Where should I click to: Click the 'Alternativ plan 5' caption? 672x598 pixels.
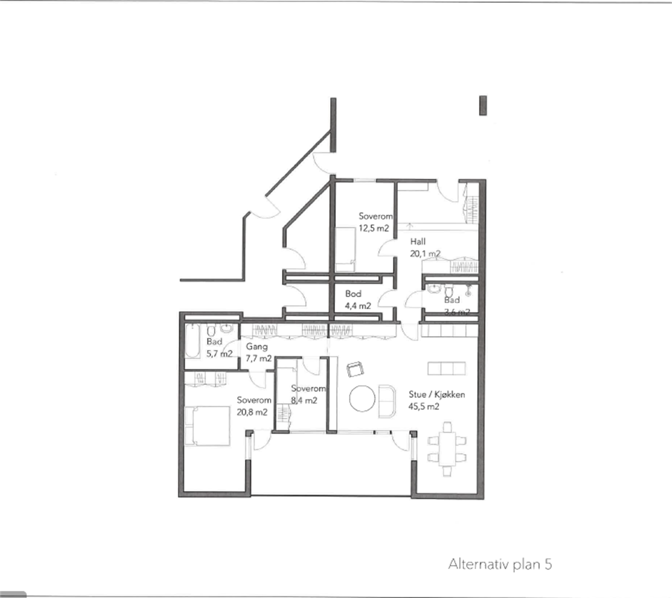pos(500,564)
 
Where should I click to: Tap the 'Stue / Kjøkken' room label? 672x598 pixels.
pos(437,394)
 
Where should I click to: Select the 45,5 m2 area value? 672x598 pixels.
pos(424,407)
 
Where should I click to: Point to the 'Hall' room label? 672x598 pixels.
pos(418,241)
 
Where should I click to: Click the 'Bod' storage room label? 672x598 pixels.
pos(353,294)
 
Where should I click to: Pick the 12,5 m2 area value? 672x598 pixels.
pos(374,228)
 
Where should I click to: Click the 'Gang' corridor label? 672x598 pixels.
pos(257,346)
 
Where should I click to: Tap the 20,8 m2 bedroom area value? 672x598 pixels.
pos(252,412)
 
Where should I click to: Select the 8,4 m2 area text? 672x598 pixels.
pos(304,401)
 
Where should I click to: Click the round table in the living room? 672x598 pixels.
pos(362,399)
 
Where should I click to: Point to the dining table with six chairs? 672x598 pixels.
pos(447,450)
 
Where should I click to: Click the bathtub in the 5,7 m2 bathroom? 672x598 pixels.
pos(193,341)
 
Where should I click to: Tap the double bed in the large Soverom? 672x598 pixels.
pos(207,425)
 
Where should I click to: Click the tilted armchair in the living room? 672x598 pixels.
pos(355,370)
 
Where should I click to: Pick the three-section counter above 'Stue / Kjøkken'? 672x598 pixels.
pos(446,368)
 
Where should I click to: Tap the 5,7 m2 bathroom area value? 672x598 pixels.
pos(219,354)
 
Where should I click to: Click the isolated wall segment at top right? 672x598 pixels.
pos(483,105)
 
